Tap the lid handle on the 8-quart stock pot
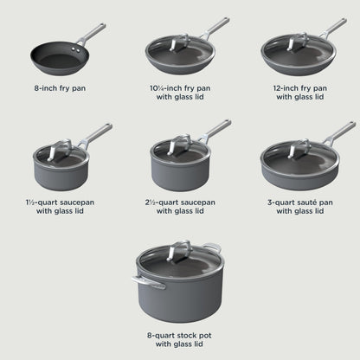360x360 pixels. pos(178,250)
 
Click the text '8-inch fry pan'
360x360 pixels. pos(59,88)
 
